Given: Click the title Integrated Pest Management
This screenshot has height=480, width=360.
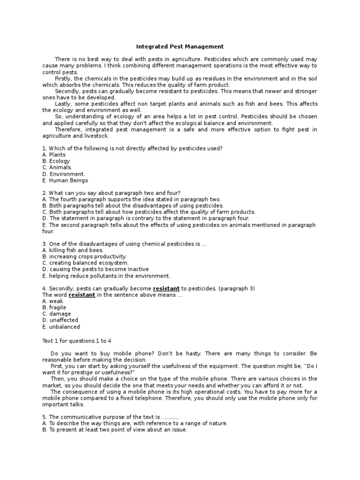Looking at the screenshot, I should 180,47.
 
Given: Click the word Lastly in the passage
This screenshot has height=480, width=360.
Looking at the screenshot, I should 64,104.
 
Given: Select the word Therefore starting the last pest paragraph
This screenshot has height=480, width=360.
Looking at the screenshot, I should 68,129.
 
